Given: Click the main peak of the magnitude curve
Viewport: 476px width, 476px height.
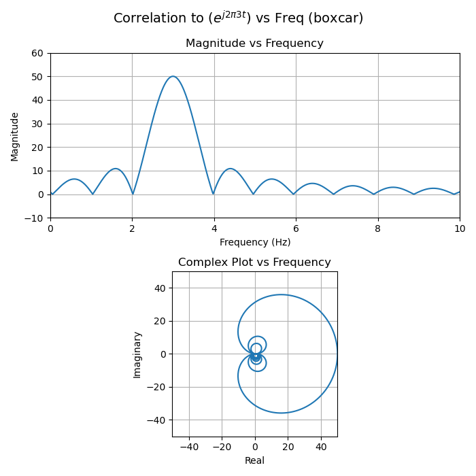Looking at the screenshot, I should pyautogui.click(x=173, y=76).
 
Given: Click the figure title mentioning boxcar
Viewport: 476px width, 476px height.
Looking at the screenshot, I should pyautogui.click(x=238, y=18).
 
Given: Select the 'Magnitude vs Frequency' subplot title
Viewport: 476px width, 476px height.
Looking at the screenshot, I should pyautogui.click(x=254, y=44).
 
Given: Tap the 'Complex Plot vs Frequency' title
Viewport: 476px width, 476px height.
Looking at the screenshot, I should pyautogui.click(x=254, y=262).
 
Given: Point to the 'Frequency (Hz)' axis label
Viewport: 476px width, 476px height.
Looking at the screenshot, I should pyautogui.click(x=255, y=242).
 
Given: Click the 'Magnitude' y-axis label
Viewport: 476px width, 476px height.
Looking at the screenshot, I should pyautogui.click(x=15, y=136).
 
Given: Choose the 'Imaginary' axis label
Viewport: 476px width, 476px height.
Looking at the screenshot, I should pyautogui.click(x=137, y=354).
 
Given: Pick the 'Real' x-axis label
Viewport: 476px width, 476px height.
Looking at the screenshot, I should pyautogui.click(x=254, y=460).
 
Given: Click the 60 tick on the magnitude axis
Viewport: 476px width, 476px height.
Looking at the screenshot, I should pyautogui.click(x=38, y=53).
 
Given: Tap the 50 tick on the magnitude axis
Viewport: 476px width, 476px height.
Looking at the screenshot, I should pyautogui.click(x=38, y=77).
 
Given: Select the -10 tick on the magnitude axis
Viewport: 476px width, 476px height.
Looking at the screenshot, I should pyautogui.click(x=35, y=218).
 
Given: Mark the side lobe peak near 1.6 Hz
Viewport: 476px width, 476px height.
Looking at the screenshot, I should pyautogui.click(x=116, y=169).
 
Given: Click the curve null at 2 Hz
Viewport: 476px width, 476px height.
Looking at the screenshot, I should pyautogui.click(x=133, y=194).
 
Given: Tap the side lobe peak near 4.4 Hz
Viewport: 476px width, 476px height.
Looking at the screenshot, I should pyautogui.click(x=231, y=169).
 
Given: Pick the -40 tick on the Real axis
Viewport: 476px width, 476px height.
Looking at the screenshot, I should pyautogui.click(x=189, y=447).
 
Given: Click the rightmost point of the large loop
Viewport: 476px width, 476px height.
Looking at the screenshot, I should pyautogui.click(x=337, y=354).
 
